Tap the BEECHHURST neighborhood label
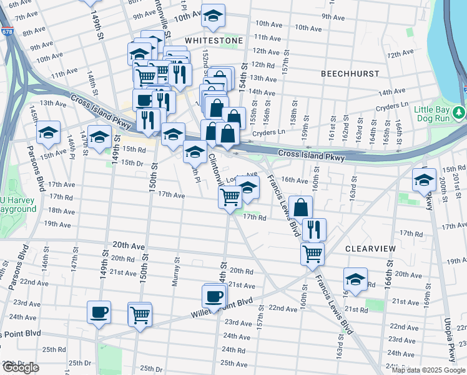350,74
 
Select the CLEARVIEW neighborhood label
370,249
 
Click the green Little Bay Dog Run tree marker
460,112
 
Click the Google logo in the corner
21,368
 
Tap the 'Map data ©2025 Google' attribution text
428,370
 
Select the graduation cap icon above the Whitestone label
214,18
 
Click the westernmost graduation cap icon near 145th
48,133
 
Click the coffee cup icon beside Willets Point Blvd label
214,296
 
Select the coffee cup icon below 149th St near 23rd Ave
99,312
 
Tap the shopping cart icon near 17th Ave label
230,197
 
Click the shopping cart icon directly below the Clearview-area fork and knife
312,254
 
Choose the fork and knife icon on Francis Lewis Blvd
314,229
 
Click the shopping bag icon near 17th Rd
300,207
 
